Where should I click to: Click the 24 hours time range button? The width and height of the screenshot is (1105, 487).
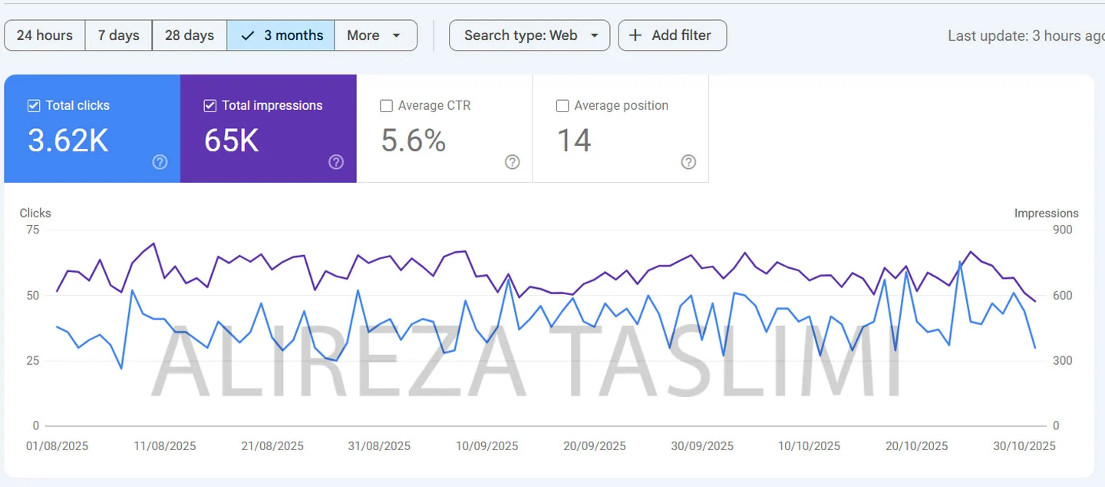[x=45, y=35]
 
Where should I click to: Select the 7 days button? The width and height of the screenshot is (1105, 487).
[x=118, y=35]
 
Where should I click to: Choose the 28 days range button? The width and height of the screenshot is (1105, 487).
[x=189, y=35]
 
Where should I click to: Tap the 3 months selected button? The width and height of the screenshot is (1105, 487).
[x=281, y=35]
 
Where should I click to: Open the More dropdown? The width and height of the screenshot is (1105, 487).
[x=375, y=35]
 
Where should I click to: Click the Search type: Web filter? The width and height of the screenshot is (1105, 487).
[x=529, y=35]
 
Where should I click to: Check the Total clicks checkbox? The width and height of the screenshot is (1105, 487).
[x=34, y=106]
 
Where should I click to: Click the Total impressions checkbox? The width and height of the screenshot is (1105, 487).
[x=210, y=106]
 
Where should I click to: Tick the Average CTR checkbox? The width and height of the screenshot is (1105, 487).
[x=387, y=106]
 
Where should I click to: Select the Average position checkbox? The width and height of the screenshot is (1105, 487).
[x=562, y=106]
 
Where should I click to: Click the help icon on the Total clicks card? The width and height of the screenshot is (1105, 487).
[x=160, y=162]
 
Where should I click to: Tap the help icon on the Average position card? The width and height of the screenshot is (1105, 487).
[x=688, y=162]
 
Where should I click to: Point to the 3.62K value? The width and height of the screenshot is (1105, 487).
[x=68, y=141]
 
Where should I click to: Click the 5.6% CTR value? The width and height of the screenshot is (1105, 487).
[x=413, y=141]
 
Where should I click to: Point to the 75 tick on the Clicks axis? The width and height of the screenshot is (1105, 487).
[x=31, y=230]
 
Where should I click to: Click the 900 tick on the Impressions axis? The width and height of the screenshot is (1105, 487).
[x=1063, y=230]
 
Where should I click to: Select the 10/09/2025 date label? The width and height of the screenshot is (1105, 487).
[x=487, y=446]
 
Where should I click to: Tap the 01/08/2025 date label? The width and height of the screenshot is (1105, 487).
[x=57, y=446]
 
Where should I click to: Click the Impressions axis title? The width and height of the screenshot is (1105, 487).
[x=1046, y=214]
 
